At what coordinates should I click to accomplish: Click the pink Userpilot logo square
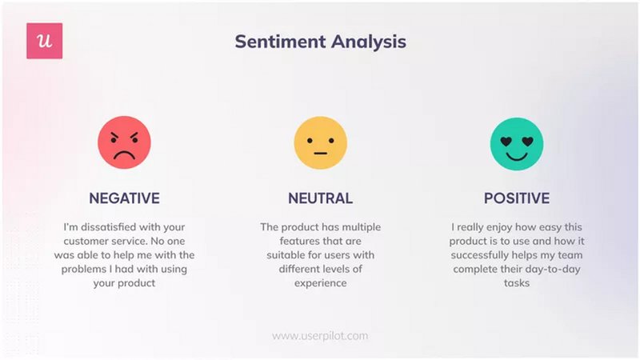click(44, 41)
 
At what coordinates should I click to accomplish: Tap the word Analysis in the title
click(370, 42)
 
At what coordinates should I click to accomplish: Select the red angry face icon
click(124, 142)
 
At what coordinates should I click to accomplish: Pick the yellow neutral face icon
click(320, 142)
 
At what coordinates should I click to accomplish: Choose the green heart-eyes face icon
click(516, 142)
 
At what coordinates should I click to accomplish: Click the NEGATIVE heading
click(124, 198)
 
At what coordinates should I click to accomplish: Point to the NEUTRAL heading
click(320, 198)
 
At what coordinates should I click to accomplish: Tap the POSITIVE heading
click(516, 198)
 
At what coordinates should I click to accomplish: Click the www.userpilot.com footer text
click(320, 336)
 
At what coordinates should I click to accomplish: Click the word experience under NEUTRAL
click(320, 282)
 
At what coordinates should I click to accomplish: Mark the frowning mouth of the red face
click(124, 154)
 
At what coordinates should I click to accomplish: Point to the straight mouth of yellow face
click(320, 152)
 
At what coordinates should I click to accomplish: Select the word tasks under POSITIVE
click(517, 282)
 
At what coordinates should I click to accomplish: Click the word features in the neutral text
click(288, 241)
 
